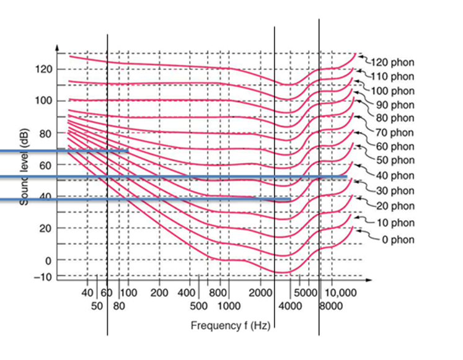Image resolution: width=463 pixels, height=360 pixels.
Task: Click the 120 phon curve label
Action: pyautogui.click(x=392, y=63)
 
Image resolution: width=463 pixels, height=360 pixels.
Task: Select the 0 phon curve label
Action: pyautogui.click(x=395, y=240)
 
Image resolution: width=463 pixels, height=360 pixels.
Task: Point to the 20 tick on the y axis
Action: pyautogui.click(x=43, y=228)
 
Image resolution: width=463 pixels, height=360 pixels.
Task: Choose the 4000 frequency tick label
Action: pyautogui.click(x=289, y=305)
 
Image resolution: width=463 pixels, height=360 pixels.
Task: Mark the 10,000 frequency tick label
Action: pyautogui.click(x=342, y=292)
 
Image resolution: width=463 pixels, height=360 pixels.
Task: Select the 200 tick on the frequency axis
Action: pyautogui.click(x=159, y=292)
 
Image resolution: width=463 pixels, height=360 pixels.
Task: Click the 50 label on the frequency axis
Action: pyautogui.click(x=97, y=305)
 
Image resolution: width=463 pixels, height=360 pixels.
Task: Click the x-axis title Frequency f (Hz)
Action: pyautogui.click(x=230, y=325)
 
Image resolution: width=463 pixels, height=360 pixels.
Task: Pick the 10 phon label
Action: pyautogui.click(x=395, y=223)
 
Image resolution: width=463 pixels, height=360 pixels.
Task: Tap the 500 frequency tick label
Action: pyautogui.click(x=198, y=305)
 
